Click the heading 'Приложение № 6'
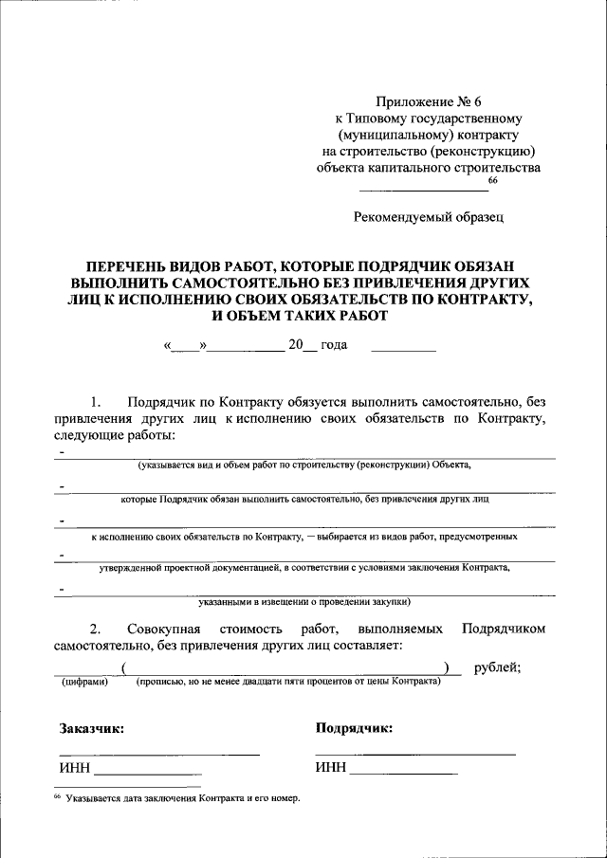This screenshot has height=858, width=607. pos(429,100)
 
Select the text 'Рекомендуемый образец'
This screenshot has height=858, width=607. pos(429,216)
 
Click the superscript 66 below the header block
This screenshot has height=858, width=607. pos(492,180)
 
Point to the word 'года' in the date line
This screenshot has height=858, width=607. pos(334,345)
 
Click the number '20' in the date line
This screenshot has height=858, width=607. pos(296,345)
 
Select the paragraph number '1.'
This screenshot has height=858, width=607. pos(95,401)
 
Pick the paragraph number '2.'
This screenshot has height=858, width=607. pos(95,629)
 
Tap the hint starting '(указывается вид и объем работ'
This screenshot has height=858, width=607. pos(303,466)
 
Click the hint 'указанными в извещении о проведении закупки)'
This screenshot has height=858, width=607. pos(303,601)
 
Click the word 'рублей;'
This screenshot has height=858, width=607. pos(497,667)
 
